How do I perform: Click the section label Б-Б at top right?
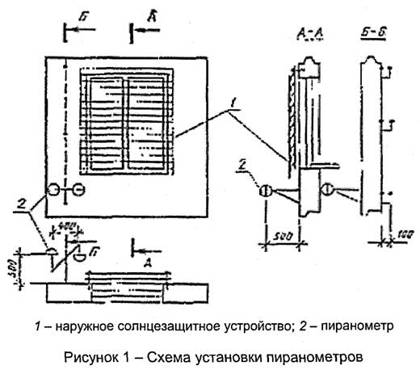[x=372, y=33]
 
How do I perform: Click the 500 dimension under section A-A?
[x=279, y=235]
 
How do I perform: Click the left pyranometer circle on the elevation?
[x=53, y=190]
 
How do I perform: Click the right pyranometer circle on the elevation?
[x=78, y=190]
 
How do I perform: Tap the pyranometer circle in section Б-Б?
[x=327, y=189]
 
